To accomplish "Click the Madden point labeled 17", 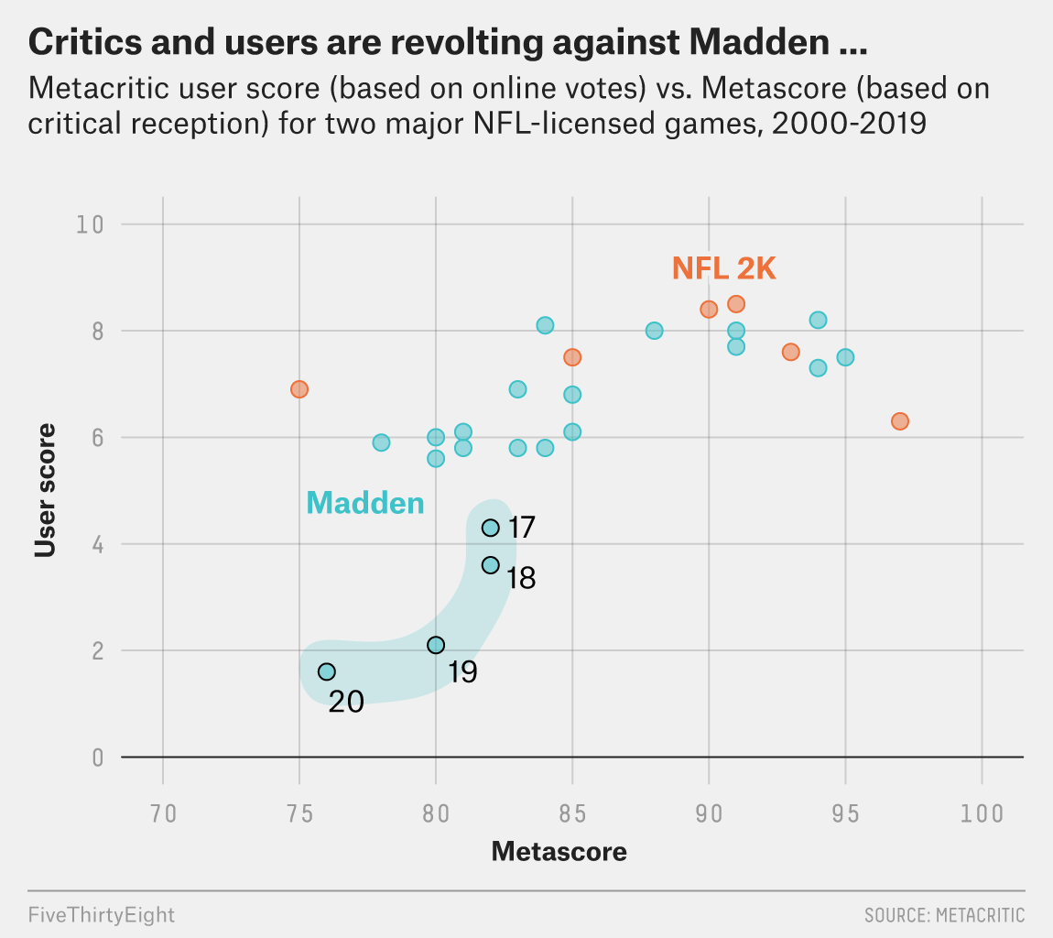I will pos(491,528).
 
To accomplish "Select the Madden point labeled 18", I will pos(491,565).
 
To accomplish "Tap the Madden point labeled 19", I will pos(436,645).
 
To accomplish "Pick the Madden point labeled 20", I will pos(327,671).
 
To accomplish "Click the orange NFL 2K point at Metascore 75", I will pos(299,389).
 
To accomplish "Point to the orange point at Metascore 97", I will pos(900,421).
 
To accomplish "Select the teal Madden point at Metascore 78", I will pos(381,442).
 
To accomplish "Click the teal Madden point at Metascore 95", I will pos(845,357).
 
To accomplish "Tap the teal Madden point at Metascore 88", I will pos(654,331).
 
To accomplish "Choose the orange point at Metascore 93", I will pos(791,352).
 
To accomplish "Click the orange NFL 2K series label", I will pos(723,268).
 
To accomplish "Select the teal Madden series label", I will pos(365,503).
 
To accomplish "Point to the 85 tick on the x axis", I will pos(572,813).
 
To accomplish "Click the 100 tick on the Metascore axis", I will pos(982,813).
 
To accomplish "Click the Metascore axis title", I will pos(559,852).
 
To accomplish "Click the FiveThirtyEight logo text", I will pos(102,914).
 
